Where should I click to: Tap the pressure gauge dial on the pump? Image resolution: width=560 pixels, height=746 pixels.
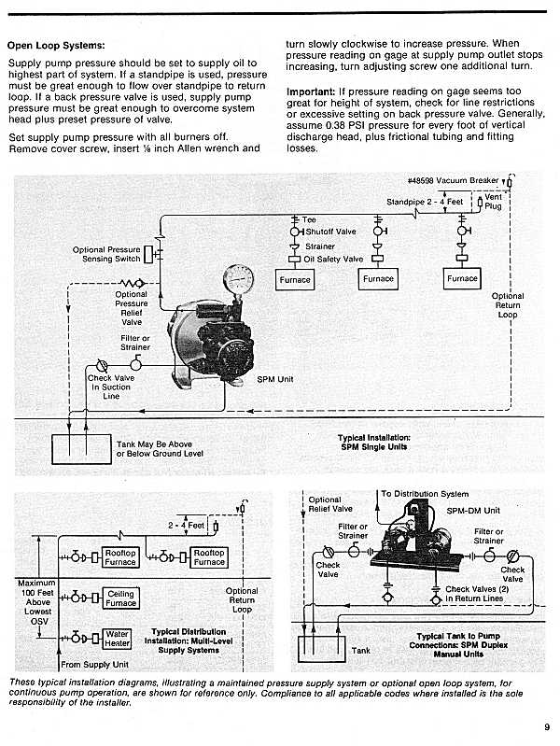(x=238, y=280)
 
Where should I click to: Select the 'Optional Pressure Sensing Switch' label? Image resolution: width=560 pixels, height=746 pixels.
(x=107, y=254)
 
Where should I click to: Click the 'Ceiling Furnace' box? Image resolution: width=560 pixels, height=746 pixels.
(x=120, y=598)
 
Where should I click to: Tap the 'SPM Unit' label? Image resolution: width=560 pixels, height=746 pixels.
(x=275, y=380)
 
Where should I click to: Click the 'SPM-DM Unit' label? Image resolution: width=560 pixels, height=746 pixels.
(x=480, y=511)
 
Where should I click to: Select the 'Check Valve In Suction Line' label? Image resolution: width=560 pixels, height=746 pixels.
(x=111, y=387)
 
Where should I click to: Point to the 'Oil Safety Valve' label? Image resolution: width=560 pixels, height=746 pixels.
(x=333, y=259)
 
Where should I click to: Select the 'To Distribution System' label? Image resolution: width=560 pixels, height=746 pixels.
(x=425, y=494)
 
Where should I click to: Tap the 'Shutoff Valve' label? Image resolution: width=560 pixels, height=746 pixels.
(x=330, y=232)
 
